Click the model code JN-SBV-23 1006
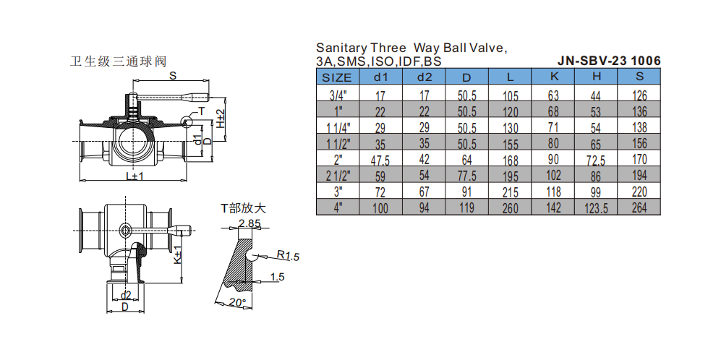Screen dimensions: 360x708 coord(609,61)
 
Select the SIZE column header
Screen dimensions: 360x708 coord(337,77)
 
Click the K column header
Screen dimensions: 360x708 coord(553,77)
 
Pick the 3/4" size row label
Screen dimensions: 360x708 coord(337,95)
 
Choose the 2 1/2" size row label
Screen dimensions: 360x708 coord(337,175)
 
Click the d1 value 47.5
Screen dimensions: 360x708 coord(380,159)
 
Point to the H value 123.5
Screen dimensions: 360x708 coord(597,207)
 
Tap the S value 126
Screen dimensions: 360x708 coord(639,95)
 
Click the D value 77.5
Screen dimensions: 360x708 coord(467,175)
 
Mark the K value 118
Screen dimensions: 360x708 coord(553,192)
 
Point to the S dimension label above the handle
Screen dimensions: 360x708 coord(173,75)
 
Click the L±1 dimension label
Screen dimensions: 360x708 coord(133,176)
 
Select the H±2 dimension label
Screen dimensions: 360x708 coord(221,118)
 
